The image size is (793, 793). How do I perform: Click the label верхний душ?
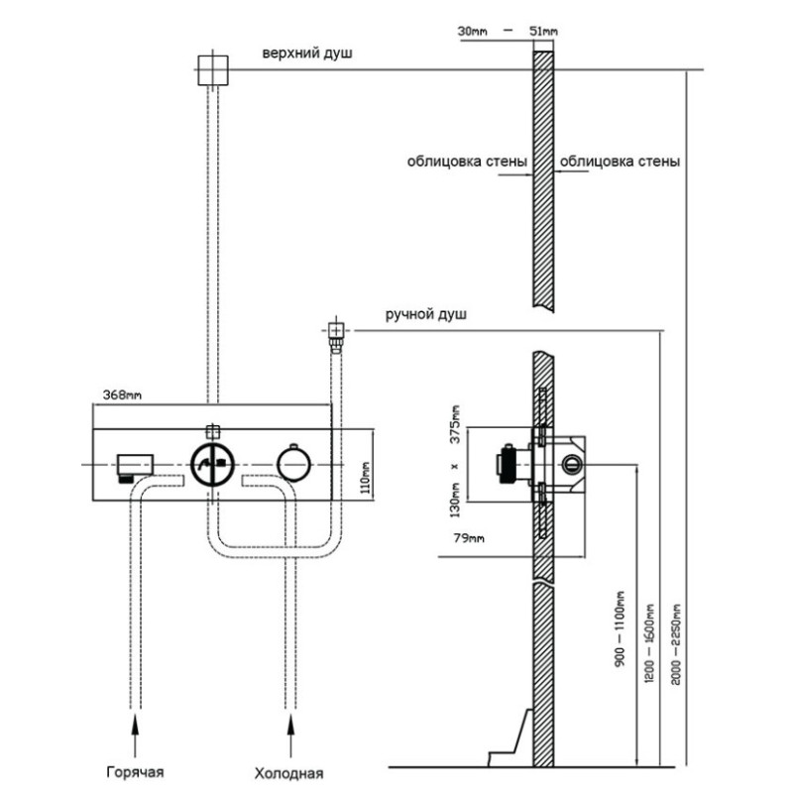pos(307,54)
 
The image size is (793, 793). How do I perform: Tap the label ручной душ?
pos(426,314)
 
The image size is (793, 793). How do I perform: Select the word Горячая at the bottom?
pos(135,772)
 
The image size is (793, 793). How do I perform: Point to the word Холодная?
pos(288,773)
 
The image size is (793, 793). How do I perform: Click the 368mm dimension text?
pos(122,395)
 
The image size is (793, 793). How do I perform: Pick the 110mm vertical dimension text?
pos(366,478)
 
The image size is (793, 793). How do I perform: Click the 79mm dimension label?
pos(469,538)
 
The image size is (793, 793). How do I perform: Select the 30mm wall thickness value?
pos(473,32)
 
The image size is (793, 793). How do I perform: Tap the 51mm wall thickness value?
pos(543,32)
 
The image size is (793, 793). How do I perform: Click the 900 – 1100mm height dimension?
pos(621,628)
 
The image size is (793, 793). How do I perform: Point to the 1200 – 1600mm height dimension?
pos(649,642)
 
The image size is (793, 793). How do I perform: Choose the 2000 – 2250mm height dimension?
pos(676,643)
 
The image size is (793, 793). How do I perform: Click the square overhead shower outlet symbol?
pos(212,70)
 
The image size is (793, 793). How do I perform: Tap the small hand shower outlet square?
pos(336,330)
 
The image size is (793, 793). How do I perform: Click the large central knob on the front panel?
pos(212,464)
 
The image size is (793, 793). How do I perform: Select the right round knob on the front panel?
pos(293,464)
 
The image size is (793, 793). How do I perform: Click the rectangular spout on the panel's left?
pos(135,466)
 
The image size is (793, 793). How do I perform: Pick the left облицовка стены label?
pos(467,162)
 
